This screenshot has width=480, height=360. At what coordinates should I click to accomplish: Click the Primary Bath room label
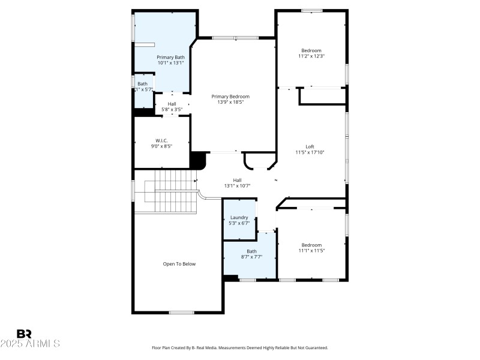click(x=171, y=57)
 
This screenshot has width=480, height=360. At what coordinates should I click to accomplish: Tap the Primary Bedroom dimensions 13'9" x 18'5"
click(x=230, y=102)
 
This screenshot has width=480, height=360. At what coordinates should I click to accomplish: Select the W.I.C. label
click(x=161, y=140)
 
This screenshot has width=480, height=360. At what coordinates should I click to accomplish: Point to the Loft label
click(x=310, y=146)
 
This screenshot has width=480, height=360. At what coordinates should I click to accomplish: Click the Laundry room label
click(x=239, y=218)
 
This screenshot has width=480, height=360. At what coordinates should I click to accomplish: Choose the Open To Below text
click(x=179, y=264)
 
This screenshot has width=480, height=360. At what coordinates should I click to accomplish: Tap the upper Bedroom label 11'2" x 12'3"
click(x=311, y=50)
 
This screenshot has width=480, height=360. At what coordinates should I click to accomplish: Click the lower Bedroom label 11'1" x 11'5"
click(x=311, y=245)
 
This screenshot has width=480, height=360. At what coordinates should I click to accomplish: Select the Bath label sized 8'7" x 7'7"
click(x=251, y=251)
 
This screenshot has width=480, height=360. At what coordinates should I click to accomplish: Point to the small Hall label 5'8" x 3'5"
click(x=172, y=104)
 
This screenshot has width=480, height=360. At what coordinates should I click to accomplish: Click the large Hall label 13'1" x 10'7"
click(x=237, y=180)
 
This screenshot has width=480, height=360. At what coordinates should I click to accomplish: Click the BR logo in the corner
click(x=24, y=334)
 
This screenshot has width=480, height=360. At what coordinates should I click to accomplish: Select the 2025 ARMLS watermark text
click(x=30, y=344)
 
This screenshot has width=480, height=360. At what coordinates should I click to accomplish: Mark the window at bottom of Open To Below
click(x=181, y=312)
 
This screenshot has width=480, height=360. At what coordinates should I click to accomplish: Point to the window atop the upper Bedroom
click(x=311, y=10)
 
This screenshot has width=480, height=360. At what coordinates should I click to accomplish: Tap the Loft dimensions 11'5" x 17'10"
click(x=310, y=152)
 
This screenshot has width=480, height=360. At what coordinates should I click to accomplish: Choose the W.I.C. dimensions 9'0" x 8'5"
click(x=161, y=146)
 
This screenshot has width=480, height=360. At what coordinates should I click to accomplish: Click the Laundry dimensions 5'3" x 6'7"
click(x=239, y=223)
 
